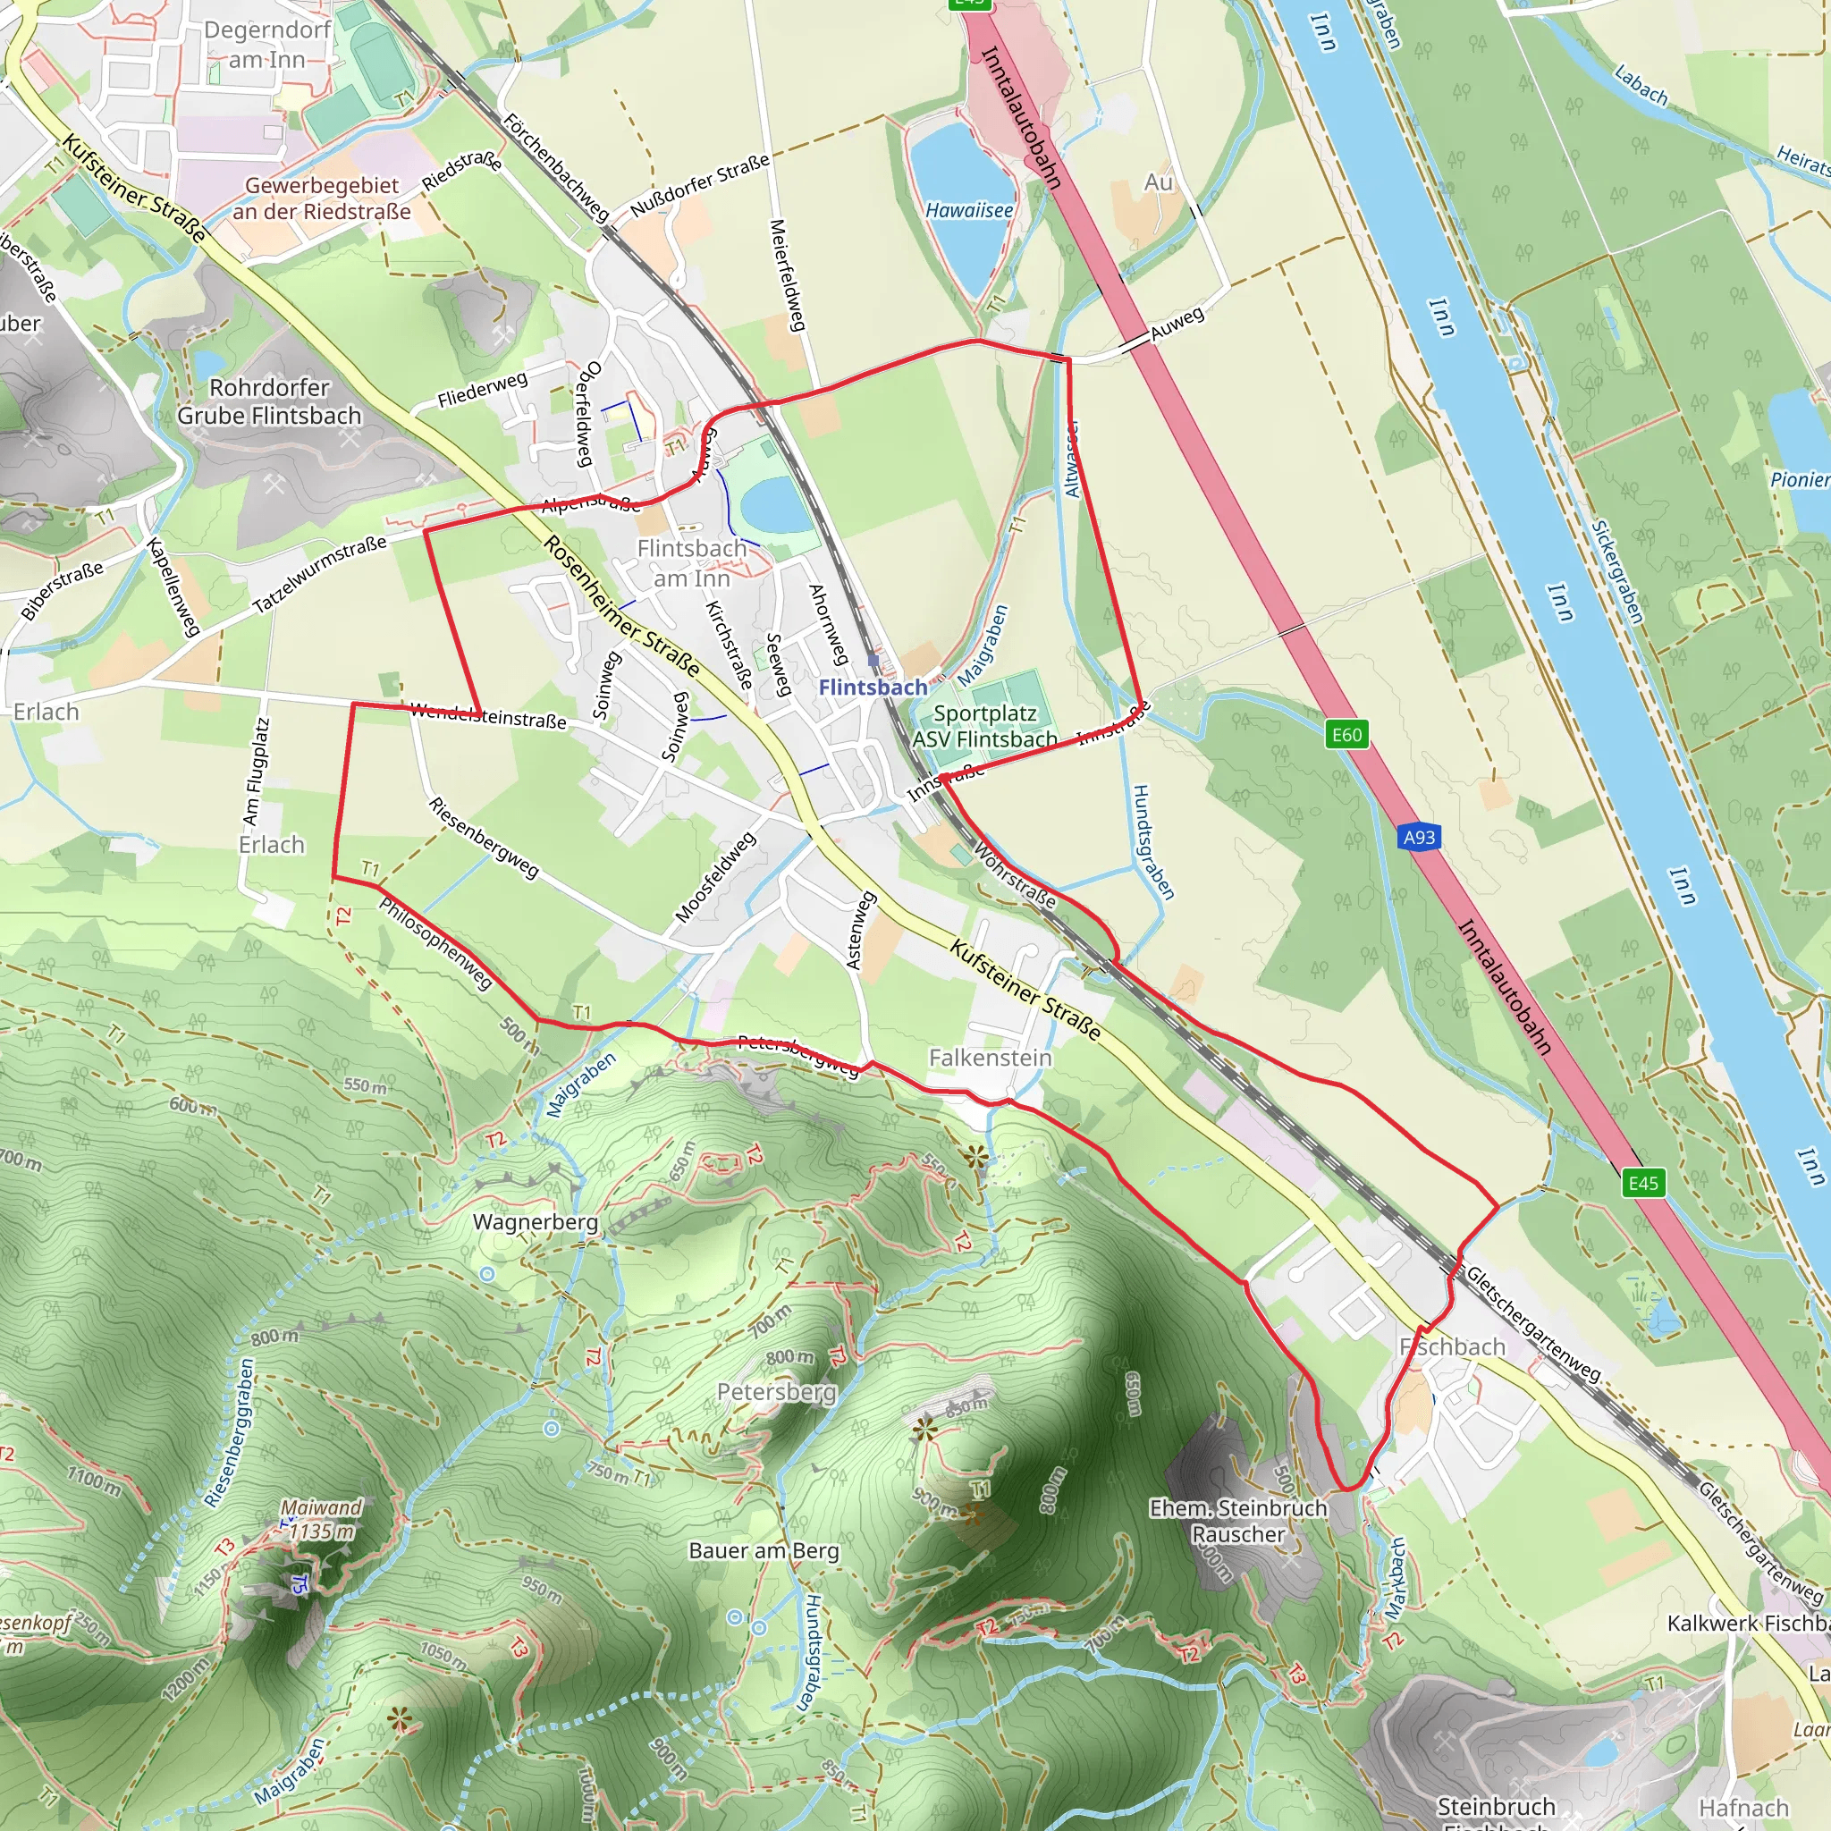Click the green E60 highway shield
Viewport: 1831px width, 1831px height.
click(1346, 735)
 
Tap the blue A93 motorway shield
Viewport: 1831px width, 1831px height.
click(1418, 837)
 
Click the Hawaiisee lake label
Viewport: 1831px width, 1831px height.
click(968, 210)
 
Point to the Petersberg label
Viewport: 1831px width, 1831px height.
click(776, 1391)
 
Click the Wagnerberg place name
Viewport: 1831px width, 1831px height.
click(536, 1221)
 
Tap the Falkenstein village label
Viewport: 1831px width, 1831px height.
click(990, 1058)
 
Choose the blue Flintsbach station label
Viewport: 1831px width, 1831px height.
click(873, 688)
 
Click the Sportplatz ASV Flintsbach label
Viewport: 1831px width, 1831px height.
click(984, 726)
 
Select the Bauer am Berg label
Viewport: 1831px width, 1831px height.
click(764, 1550)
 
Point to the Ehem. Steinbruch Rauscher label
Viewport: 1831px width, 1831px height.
click(1237, 1520)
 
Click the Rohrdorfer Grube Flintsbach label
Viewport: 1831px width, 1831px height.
click(269, 401)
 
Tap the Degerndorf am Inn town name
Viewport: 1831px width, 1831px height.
click(267, 45)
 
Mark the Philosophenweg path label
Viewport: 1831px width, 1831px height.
click(436, 943)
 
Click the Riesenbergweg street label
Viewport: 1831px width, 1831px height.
click(484, 837)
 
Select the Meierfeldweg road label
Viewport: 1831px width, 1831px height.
click(787, 275)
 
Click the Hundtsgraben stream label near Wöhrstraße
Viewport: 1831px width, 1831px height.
click(1153, 841)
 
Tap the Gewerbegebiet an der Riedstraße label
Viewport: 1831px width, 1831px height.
click(322, 198)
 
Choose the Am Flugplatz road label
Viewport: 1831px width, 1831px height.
click(256, 771)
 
